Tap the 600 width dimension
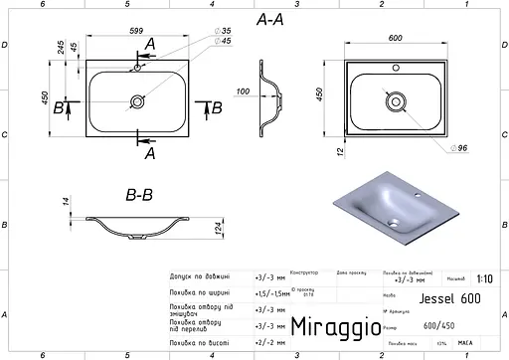click(395, 38)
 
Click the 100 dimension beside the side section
click(243, 91)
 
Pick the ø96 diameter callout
click(459, 148)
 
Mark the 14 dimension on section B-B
click(67, 202)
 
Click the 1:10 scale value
click(483, 279)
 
